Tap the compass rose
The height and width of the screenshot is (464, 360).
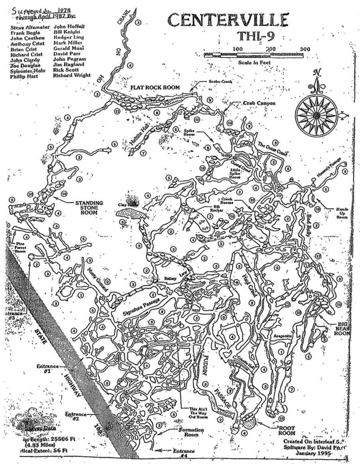coord(316,115)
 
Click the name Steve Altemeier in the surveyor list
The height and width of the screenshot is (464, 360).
coord(27,27)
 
